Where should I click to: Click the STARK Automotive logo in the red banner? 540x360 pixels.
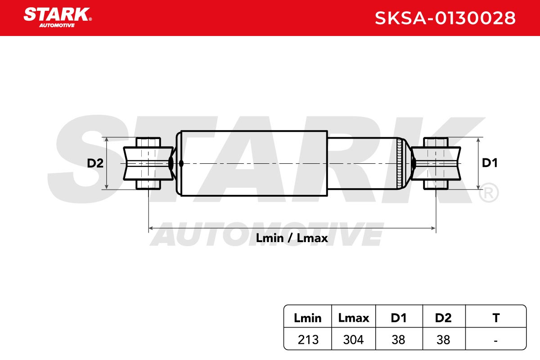coord(58,18)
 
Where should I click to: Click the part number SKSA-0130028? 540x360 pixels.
coord(445,18)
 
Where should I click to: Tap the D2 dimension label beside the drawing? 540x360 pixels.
coord(95,163)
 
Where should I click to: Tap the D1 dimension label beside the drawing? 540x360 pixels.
coord(490,163)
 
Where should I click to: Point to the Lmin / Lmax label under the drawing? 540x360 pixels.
coord(292,238)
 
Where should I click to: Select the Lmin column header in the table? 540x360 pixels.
coord(308,318)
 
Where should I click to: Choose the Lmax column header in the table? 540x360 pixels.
coord(354,318)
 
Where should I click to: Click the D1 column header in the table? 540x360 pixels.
coord(399,318)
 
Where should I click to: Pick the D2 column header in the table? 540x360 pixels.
coord(443,318)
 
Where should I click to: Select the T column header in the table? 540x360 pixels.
coord(496,318)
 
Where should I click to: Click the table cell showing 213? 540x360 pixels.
coord(308,340)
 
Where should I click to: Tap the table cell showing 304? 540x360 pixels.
coord(353,340)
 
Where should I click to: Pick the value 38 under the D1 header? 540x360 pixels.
coord(398,340)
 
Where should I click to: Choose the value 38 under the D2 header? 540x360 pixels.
coord(443,340)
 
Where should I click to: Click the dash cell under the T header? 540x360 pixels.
coord(495,341)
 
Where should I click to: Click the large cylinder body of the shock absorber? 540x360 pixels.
coord(254,163)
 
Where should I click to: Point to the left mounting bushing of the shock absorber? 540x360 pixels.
coord(148,163)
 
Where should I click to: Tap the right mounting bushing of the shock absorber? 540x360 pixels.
coord(436,163)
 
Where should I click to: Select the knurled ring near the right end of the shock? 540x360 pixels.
coord(399,163)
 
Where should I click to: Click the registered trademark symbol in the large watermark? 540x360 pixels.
coord(489,193)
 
